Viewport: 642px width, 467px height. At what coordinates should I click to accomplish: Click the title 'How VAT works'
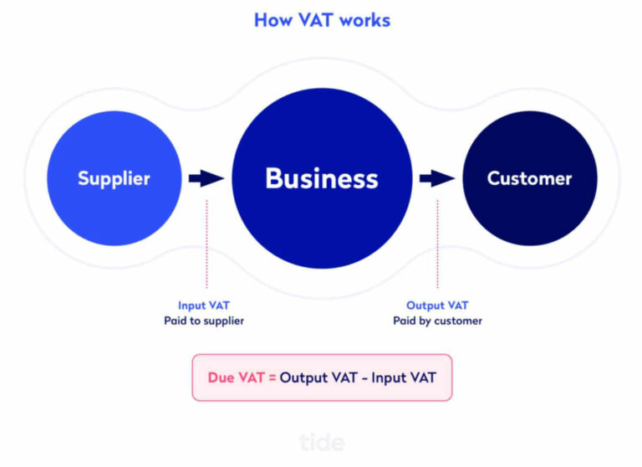click(x=321, y=19)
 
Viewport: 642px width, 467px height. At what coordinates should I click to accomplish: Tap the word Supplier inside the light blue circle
click(x=114, y=178)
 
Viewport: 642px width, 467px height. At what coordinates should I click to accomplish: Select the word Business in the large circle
click(x=321, y=178)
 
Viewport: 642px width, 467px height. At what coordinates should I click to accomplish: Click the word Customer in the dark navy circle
click(x=529, y=178)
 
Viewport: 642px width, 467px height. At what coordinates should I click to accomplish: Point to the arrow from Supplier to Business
click(x=206, y=178)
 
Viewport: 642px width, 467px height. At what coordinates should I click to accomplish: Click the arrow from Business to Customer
click(x=436, y=178)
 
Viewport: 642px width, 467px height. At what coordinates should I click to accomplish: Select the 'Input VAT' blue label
click(x=204, y=305)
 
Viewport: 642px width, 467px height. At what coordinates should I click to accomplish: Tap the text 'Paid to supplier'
click(x=204, y=321)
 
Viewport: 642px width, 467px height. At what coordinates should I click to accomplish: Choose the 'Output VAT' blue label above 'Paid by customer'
click(x=437, y=305)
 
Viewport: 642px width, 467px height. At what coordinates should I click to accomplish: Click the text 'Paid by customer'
click(x=437, y=321)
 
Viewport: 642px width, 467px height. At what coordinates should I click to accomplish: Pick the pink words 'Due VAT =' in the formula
click(x=241, y=377)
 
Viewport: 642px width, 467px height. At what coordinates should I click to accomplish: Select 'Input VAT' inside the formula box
click(x=402, y=377)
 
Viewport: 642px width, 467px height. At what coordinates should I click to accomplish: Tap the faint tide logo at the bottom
click(x=321, y=441)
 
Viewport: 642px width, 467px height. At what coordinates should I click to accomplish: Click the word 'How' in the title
click(x=273, y=19)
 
